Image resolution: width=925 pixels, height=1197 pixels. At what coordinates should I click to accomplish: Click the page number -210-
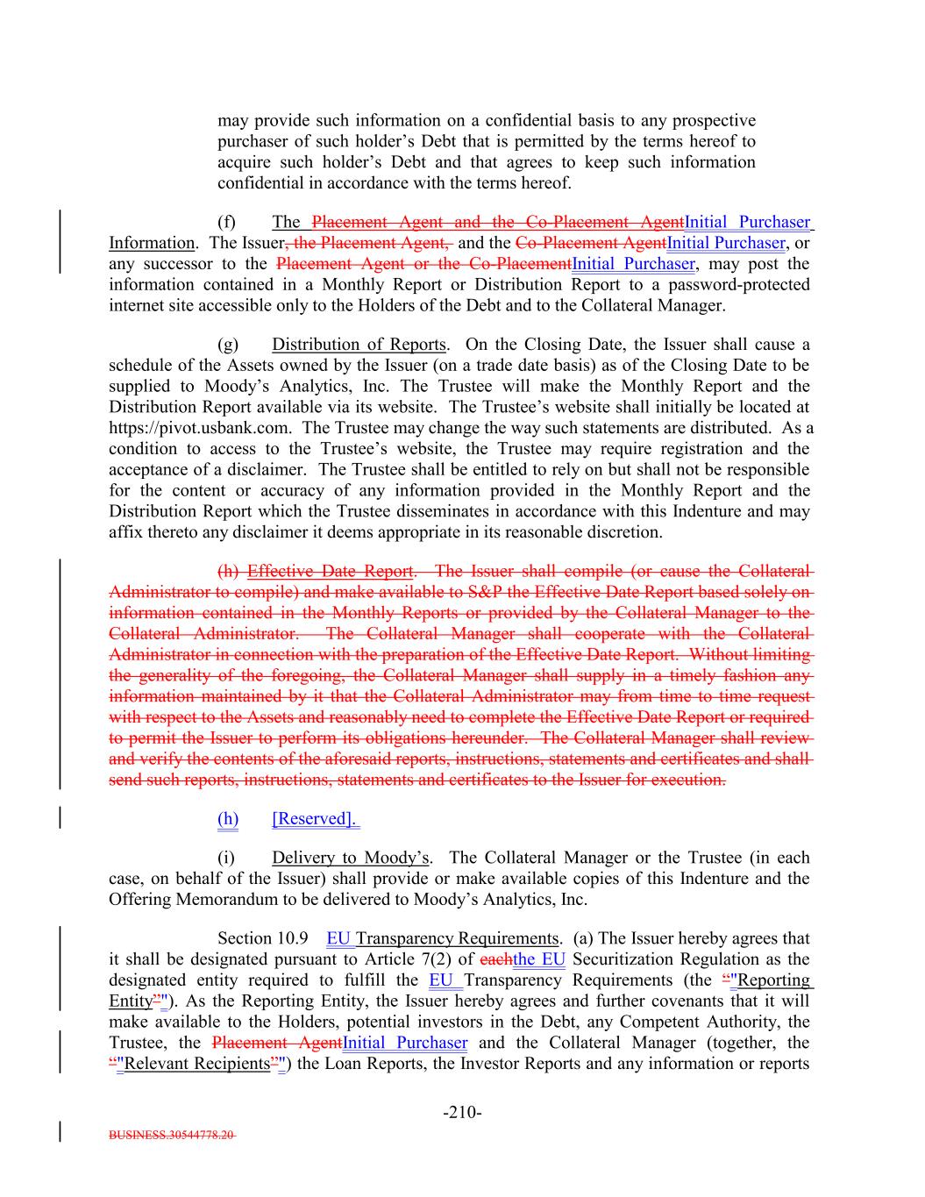462,1113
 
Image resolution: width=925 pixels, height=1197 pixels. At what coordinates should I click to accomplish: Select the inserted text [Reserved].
316,819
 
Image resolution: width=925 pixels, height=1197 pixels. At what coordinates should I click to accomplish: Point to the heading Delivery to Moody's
349,858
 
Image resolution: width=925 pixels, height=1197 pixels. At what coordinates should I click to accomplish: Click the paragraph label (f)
227,222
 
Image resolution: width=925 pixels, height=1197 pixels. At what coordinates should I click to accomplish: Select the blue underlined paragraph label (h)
228,819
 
